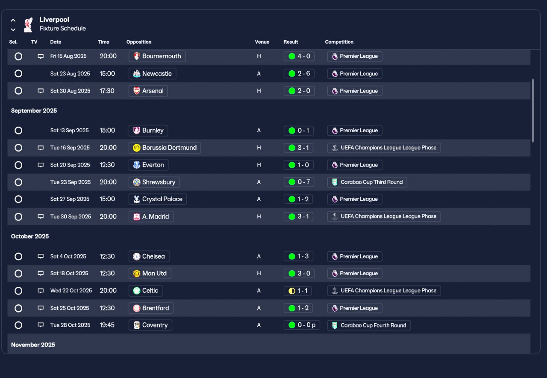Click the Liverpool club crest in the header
tap(28, 24)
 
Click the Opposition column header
tap(139, 42)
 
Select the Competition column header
tap(339, 42)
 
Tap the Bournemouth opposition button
tap(157, 56)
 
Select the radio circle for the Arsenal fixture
tap(18, 91)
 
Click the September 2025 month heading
tap(34, 110)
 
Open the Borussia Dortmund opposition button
tap(165, 148)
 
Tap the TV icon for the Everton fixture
tap(41, 165)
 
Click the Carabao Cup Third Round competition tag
tap(367, 182)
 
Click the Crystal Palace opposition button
tap(158, 199)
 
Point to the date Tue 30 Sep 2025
tap(71, 217)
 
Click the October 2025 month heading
tap(30, 236)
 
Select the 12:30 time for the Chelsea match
tap(107, 256)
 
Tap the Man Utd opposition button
tap(150, 273)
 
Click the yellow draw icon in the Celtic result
tap(292, 291)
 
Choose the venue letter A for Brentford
tap(259, 308)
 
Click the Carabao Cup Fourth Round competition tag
tap(369, 325)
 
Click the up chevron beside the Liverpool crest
tap(13, 20)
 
